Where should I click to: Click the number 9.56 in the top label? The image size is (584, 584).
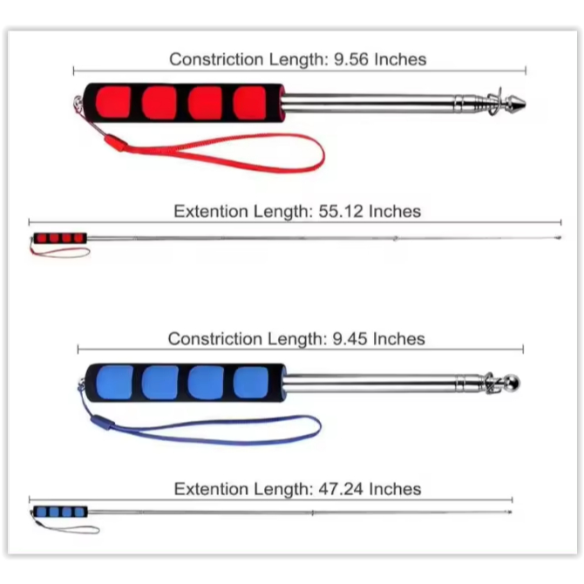point(351,59)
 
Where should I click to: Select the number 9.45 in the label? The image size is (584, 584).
point(350,339)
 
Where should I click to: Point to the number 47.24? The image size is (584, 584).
point(341,489)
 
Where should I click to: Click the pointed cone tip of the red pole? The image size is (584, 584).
point(517,103)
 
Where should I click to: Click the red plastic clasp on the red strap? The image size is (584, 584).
point(115,143)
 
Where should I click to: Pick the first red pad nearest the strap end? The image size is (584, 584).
point(112,103)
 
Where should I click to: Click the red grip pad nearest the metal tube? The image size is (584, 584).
point(249,104)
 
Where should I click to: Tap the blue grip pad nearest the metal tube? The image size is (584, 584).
point(251,383)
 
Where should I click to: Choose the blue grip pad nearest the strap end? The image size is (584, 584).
point(114,382)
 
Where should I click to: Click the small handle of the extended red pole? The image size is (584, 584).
point(60,238)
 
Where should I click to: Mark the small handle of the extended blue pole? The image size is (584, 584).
point(60,512)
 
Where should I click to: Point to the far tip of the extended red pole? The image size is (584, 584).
point(559,237)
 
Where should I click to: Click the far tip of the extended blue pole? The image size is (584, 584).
point(510,513)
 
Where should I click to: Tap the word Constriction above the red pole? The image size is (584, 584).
point(216,59)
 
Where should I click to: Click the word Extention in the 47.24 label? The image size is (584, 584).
point(211,489)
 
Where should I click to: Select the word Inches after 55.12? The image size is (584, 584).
point(395,211)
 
